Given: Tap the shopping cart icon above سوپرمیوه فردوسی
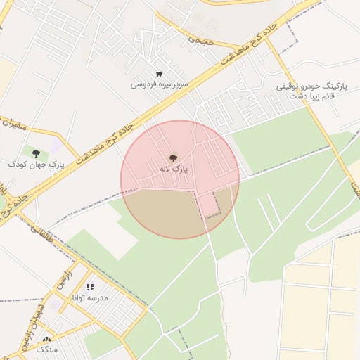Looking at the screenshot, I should [x=160, y=74].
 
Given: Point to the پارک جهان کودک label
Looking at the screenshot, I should [x=36, y=163].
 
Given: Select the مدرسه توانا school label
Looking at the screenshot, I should [x=90, y=297].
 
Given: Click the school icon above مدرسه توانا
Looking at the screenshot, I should [x=89, y=287].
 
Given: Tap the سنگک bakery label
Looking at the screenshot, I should [x=46, y=349].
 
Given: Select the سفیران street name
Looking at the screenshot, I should [x=13, y=126].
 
